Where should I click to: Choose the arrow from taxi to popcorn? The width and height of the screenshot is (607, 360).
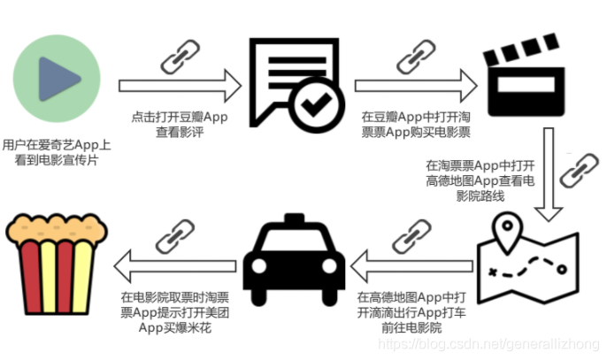tap(177, 262)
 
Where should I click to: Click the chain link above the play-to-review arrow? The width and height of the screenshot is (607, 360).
tap(176, 56)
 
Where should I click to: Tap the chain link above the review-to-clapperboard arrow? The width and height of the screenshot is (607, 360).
tap(414, 56)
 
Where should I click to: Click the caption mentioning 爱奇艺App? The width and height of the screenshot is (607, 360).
tap(57, 151)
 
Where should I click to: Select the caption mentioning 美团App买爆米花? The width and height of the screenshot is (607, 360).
tap(176, 312)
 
